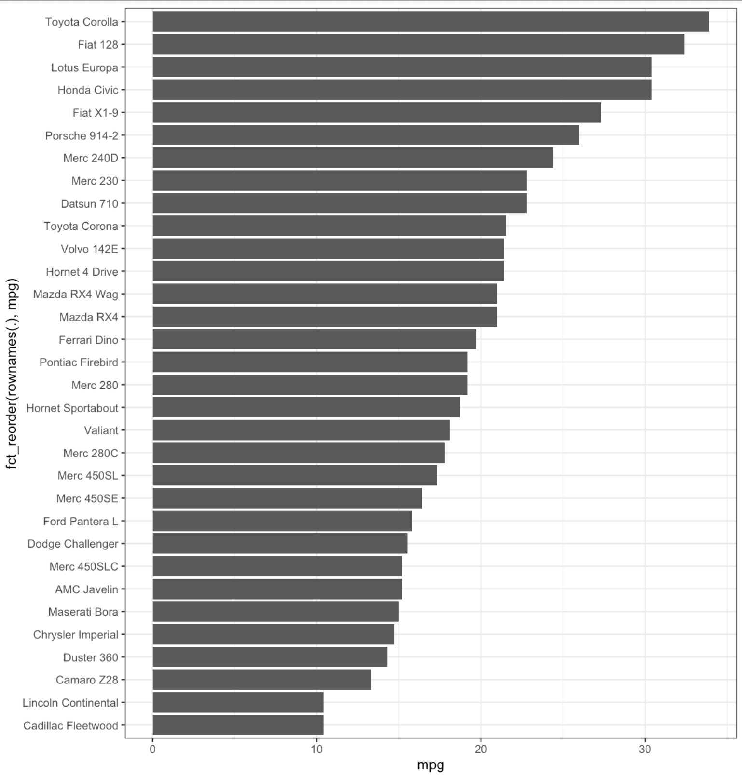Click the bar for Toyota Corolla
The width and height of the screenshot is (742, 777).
click(430, 22)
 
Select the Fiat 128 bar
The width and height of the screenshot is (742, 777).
click(418, 44)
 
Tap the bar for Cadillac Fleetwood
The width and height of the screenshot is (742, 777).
click(238, 725)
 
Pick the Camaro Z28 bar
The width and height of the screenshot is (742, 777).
click(261, 680)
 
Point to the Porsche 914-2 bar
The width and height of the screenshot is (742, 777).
click(366, 135)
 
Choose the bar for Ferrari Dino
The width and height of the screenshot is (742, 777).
click(314, 339)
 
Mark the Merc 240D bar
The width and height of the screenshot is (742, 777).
click(353, 158)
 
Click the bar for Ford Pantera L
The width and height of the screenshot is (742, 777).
click(282, 521)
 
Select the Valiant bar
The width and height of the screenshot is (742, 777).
click(301, 430)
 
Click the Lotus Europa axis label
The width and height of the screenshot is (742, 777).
click(84, 67)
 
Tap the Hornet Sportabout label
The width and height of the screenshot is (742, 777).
click(72, 408)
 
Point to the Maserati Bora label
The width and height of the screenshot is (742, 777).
click(83, 612)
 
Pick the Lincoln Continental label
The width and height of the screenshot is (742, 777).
click(70, 703)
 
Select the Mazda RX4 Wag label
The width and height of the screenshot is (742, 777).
click(75, 295)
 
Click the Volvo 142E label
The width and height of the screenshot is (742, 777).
click(89, 249)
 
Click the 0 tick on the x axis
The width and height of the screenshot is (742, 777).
click(152, 749)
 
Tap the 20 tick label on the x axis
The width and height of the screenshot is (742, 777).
click(481, 749)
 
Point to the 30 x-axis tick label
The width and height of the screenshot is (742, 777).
click(645, 749)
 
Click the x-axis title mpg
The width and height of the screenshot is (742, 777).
click(430, 765)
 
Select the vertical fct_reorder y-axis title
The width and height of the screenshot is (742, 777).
click(12, 374)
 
